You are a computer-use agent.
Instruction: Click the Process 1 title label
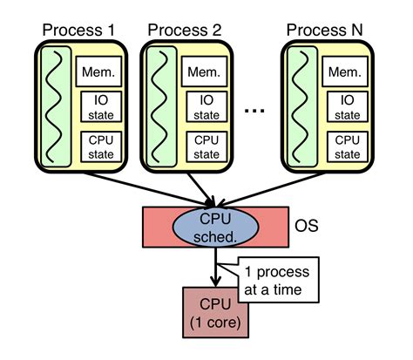point(81,31)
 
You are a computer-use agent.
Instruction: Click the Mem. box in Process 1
point(97,71)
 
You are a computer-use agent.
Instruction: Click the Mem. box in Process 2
point(204,71)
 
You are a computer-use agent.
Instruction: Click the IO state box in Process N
point(348,106)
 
